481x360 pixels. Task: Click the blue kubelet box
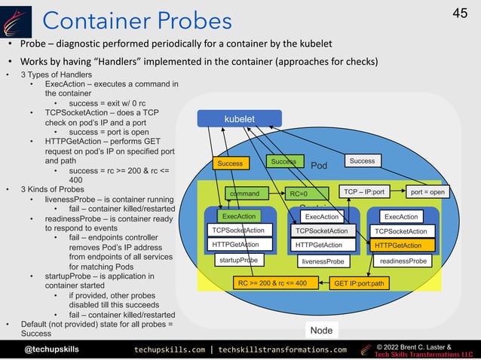(240, 119)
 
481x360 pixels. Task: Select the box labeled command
(244, 193)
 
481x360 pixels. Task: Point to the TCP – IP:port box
(365, 192)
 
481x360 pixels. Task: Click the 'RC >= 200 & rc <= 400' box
(272, 284)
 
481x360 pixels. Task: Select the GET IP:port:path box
(360, 284)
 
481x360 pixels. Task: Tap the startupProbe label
(238, 260)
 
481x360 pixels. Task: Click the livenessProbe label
(322, 261)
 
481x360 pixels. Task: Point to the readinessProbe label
(403, 261)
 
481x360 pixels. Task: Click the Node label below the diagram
(320, 331)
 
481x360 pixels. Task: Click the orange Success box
(230, 163)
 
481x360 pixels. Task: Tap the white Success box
(362, 161)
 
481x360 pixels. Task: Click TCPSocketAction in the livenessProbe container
(322, 231)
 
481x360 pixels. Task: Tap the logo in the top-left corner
(17, 20)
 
